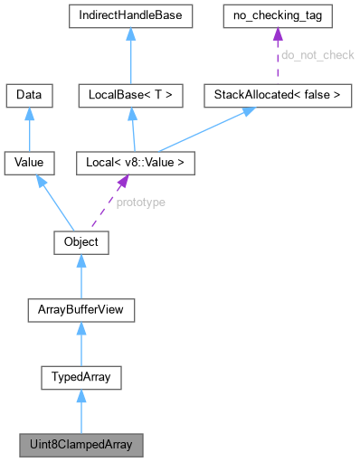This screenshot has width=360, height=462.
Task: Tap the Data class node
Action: click(x=30, y=93)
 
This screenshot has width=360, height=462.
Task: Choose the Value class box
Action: click(x=30, y=163)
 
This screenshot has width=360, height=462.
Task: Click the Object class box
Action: click(x=81, y=242)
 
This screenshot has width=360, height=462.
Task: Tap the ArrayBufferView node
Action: click(x=81, y=310)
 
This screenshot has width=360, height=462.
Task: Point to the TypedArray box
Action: click(x=81, y=377)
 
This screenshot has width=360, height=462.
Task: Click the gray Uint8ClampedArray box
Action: click(x=81, y=445)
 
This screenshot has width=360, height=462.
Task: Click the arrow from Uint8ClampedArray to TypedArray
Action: click(x=81, y=411)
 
